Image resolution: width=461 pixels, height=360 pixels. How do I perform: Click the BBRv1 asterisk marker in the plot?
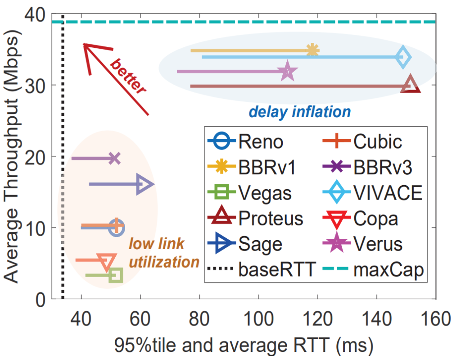(x=312, y=50)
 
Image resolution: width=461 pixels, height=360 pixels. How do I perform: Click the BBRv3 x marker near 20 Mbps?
(x=115, y=158)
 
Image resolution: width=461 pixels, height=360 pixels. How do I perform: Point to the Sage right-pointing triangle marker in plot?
(x=145, y=184)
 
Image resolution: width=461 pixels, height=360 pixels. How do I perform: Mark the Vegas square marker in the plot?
(x=116, y=275)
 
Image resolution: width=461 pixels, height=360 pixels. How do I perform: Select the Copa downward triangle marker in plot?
(x=107, y=261)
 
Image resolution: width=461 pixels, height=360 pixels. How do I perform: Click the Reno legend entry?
(x=246, y=142)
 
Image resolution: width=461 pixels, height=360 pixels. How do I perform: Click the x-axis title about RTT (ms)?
(x=244, y=346)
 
